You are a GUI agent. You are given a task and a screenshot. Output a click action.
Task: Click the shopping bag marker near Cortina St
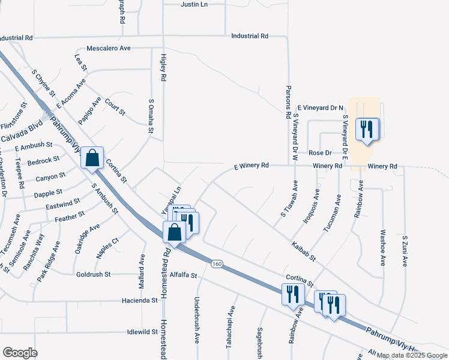pyautogui.click(x=92, y=159)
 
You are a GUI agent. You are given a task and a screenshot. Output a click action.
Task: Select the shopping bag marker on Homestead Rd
pyautogui.click(x=173, y=233)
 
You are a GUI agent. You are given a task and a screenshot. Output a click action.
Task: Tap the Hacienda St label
pyautogui.click(x=139, y=300)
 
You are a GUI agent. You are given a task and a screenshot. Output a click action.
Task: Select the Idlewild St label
pyautogui.click(x=142, y=332)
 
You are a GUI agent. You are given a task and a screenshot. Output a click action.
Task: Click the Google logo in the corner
pyautogui.click(x=20, y=353)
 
